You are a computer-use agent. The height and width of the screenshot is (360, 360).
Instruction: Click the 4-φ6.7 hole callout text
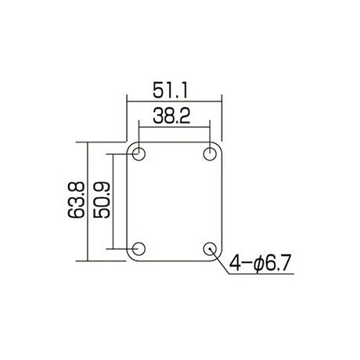pos(261,264)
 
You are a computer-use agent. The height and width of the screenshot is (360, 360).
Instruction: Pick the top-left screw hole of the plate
pos(140,153)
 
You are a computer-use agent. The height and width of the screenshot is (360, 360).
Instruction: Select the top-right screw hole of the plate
pos(210,153)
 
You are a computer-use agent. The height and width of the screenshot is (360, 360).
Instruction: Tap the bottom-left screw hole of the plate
pos(140,248)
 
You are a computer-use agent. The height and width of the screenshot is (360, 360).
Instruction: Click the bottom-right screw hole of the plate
pos(210,248)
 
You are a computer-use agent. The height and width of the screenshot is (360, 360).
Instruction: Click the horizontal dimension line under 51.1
pos(174,99)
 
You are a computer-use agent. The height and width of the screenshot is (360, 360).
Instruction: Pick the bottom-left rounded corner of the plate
pos(130,256)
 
